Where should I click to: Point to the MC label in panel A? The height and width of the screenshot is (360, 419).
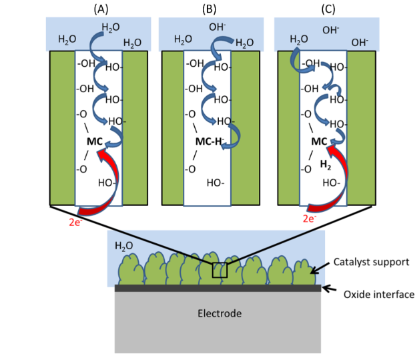click(x=95, y=141)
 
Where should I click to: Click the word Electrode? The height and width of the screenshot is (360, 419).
click(x=218, y=313)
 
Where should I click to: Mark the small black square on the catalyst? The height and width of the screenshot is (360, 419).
click(x=220, y=271)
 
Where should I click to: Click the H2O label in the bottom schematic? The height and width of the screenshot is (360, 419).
click(x=124, y=245)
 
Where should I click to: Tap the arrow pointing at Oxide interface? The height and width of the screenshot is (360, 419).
click(x=330, y=289)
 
